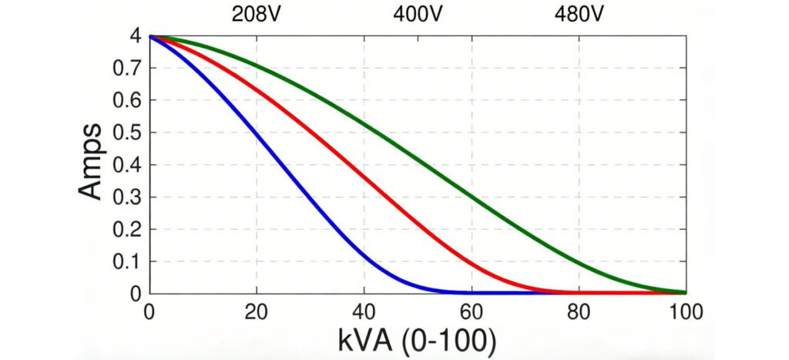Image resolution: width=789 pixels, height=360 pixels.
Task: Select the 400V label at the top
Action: (x=418, y=14)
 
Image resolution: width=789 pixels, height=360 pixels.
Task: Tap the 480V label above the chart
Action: (x=579, y=14)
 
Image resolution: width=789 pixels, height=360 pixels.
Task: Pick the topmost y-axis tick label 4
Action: (x=134, y=36)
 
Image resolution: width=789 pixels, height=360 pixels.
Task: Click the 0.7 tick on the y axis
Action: (x=126, y=68)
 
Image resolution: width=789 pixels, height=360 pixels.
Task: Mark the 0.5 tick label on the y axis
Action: (x=126, y=133)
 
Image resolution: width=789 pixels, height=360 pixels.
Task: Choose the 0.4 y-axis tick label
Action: (x=126, y=165)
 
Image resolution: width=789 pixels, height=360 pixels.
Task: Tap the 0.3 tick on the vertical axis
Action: (x=126, y=197)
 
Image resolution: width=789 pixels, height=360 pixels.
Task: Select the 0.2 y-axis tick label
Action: (x=126, y=230)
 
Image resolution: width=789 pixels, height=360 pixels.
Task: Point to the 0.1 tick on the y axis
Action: (x=126, y=262)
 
